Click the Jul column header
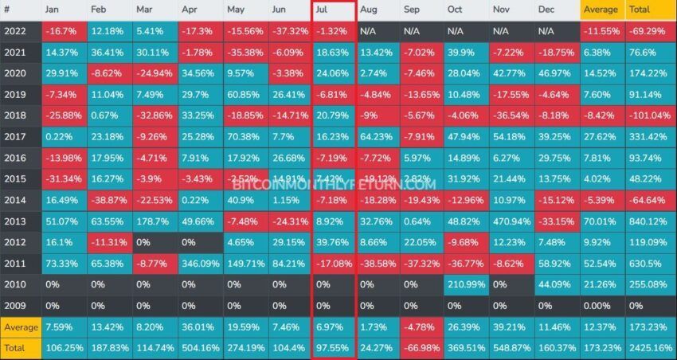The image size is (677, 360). coord(332,10)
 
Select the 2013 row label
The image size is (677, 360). coord(18,222)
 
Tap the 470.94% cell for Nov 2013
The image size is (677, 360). coord(511,222)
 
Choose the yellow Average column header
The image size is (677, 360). coord(601,10)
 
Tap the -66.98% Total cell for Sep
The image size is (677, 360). coord(421,348)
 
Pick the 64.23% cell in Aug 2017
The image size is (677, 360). coord(377,136)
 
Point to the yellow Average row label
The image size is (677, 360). coord(22,327)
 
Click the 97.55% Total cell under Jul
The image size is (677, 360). coord(332,348)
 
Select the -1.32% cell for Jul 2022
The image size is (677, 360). coord(332,31)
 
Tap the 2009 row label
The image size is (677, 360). coord(18,305)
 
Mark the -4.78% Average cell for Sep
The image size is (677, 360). coord(421,327)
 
